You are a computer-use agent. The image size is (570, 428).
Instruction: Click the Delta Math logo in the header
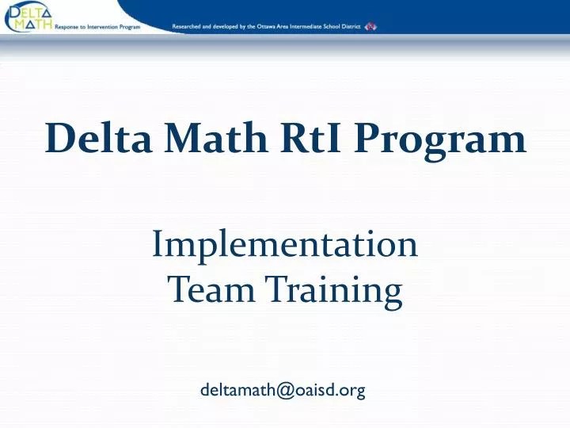[28, 17]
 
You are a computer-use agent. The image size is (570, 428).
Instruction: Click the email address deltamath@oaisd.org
[283, 389]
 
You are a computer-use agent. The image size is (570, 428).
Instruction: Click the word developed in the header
[225, 26]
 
